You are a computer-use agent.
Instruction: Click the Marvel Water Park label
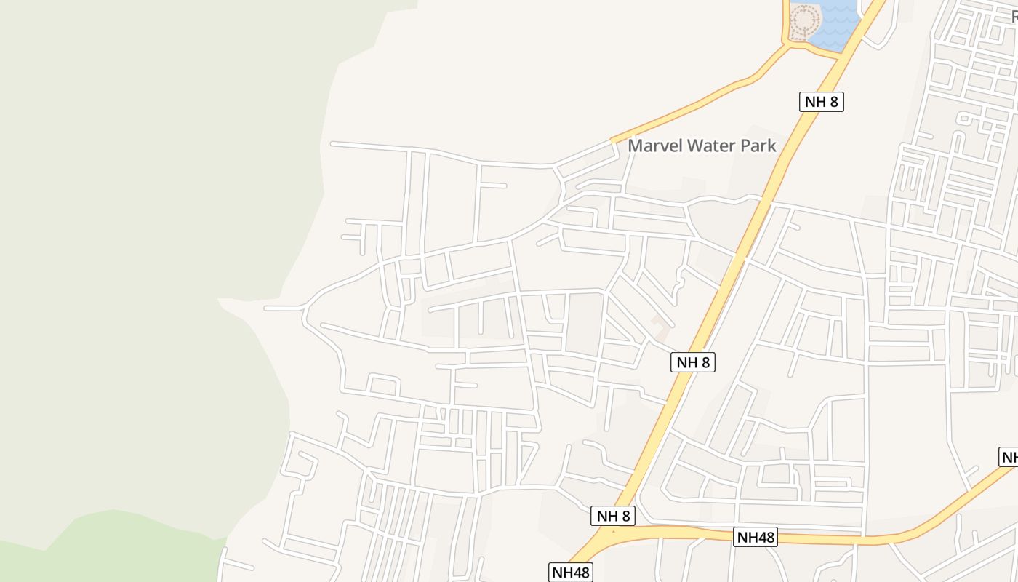click(702, 145)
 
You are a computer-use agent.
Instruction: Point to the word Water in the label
click(716, 145)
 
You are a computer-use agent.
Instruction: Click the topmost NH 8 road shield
click(822, 102)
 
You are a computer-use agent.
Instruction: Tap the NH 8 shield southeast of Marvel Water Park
click(692, 362)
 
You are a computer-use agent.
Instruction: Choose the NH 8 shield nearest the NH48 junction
click(613, 516)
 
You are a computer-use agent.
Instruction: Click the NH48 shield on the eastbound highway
click(755, 538)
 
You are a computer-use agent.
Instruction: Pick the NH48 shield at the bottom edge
click(571, 572)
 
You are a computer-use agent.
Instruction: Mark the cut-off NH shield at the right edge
click(1009, 458)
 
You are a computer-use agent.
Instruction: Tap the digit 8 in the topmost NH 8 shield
click(833, 102)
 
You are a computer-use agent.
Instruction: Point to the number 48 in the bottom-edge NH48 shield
click(580, 572)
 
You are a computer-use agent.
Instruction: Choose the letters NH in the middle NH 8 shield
click(686, 362)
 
